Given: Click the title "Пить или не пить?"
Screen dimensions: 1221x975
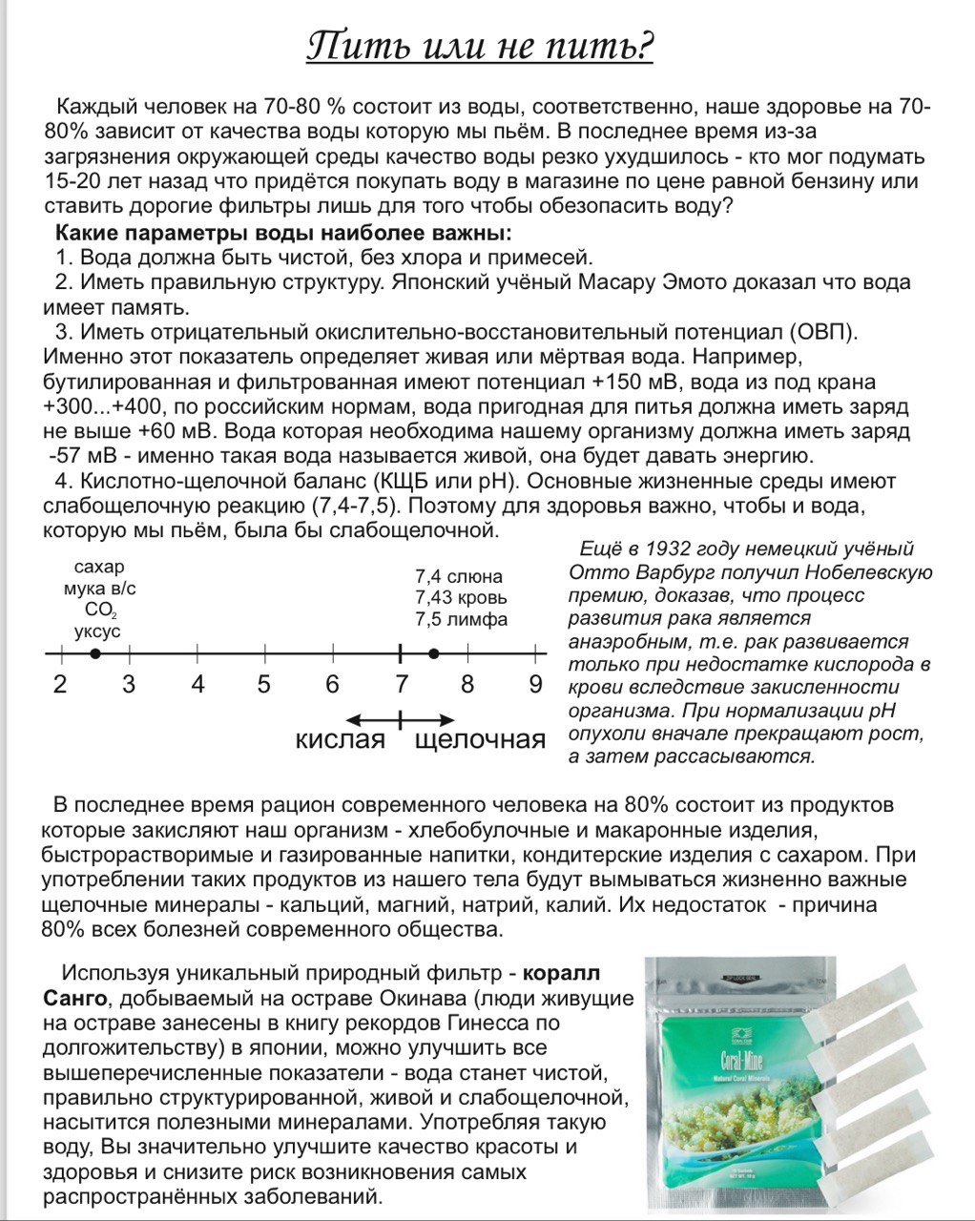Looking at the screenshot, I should [479, 45].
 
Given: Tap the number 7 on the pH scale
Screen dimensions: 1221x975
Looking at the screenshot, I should [402, 685].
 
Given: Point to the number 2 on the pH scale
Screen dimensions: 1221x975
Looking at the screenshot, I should [60, 685].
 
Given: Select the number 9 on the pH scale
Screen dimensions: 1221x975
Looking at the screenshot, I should [535, 685].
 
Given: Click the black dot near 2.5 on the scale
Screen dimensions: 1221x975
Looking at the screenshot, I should [94, 653].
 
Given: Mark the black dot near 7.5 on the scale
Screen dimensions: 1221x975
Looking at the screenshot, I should [434, 653].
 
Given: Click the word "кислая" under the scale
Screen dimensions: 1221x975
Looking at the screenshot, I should [340, 740].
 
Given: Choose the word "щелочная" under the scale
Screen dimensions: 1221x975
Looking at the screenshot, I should [480, 740].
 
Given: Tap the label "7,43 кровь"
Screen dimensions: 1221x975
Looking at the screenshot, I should [461, 598].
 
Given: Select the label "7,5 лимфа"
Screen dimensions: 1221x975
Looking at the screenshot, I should [461, 619].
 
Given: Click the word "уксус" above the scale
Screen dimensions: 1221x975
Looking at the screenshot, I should [97, 631].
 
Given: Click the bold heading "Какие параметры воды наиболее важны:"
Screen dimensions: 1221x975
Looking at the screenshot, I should [283, 234].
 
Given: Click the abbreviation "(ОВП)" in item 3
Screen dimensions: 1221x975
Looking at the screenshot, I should [823, 333].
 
